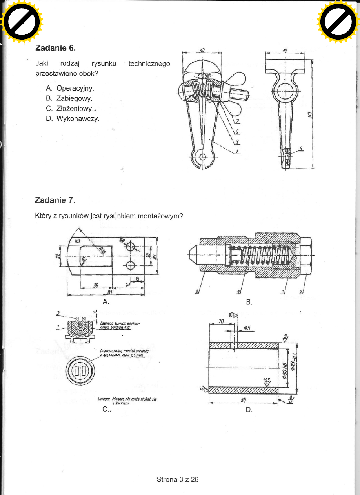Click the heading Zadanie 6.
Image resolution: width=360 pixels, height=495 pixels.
click(55, 48)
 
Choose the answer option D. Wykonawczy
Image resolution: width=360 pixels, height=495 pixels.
click(73, 118)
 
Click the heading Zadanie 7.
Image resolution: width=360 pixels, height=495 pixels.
click(55, 200)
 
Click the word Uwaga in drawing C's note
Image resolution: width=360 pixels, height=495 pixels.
click(104, 399)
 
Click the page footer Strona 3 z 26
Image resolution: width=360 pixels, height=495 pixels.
click(178, 479)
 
